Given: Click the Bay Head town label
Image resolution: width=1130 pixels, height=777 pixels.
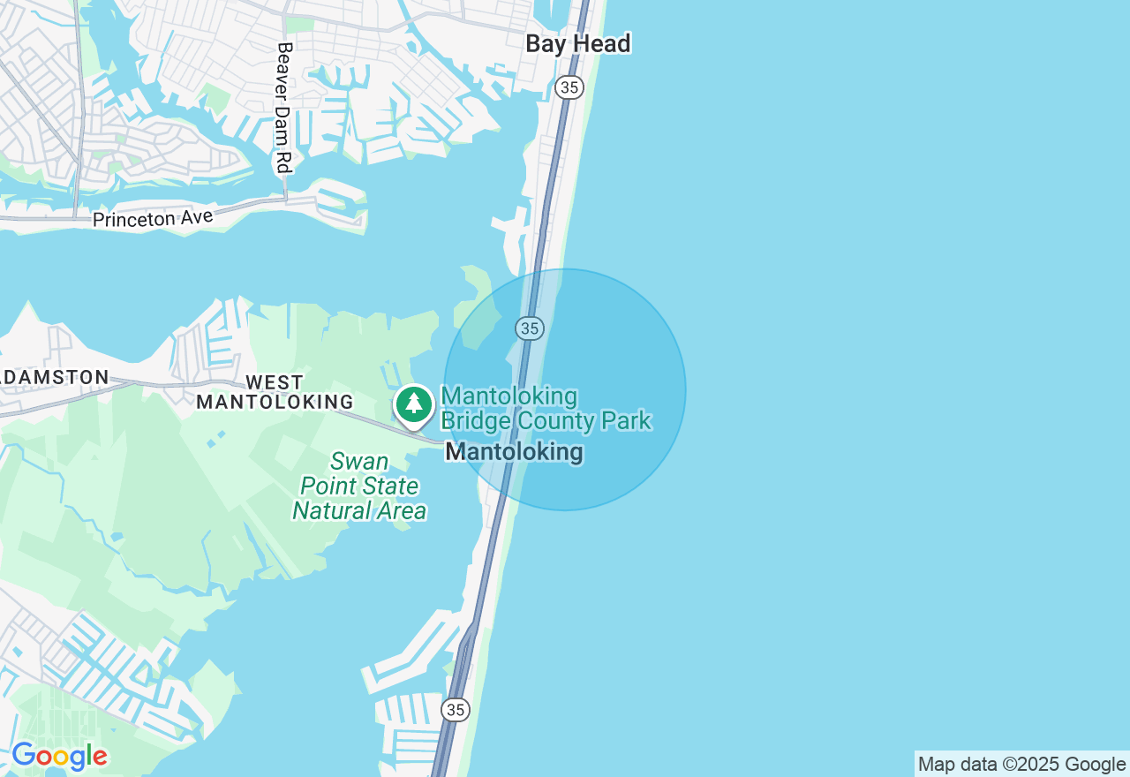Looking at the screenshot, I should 578,43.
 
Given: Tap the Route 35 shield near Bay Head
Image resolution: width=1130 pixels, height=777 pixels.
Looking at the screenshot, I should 569,87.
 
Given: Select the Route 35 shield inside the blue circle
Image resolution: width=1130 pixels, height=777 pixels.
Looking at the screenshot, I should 530,328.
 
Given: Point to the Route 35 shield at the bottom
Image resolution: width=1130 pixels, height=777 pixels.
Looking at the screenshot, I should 456,709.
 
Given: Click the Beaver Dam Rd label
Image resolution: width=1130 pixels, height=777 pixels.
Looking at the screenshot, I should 283,108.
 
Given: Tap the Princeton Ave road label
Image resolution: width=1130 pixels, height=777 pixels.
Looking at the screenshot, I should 153,217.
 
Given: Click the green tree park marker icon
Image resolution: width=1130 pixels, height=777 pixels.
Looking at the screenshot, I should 413,404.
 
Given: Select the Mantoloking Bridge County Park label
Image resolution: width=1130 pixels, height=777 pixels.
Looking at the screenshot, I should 546,408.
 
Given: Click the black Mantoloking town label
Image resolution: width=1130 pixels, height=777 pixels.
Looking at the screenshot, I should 514,452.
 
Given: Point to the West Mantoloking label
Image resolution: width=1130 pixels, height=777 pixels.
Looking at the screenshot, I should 275,392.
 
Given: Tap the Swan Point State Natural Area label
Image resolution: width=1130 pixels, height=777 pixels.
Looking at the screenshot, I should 359,486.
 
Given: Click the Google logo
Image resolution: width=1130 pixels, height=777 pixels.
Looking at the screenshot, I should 59,756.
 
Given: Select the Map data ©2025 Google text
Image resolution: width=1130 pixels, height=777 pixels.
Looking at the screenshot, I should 1021,765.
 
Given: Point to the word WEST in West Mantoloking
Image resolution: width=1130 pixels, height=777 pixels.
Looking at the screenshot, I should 275,382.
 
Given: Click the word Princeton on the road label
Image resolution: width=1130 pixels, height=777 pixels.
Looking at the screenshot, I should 131,219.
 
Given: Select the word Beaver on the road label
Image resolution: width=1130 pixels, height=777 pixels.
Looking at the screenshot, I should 284,66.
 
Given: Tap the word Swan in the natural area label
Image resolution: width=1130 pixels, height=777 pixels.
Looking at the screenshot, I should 359,461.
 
